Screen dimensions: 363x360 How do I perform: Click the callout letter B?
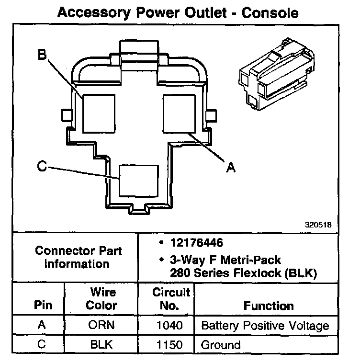pos(42,56)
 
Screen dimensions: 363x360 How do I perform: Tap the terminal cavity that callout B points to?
pos(99,113)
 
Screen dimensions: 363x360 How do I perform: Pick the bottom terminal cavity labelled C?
pos(138,181)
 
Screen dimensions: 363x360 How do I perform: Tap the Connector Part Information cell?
pos(79,257)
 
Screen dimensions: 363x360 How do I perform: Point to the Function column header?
pos(269,306)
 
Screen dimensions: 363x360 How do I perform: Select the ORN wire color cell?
pos(101,326)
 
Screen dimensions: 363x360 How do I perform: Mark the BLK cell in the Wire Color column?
pos(101,344)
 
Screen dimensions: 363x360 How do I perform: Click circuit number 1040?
pos(169,326)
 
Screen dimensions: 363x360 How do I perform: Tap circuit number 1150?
pos(169,344)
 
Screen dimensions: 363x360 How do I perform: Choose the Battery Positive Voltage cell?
pos(265,326)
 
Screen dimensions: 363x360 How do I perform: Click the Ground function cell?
pos(221,344)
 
